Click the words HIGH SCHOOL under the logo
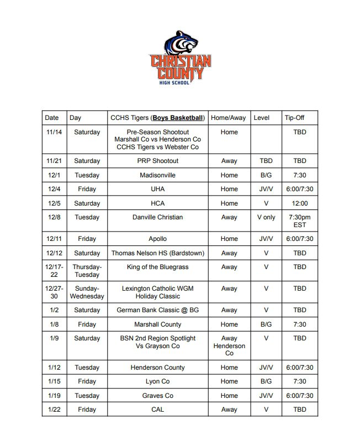(x=174, y=82)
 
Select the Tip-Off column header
(x=294, y=118)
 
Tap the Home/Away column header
(x=229, y=118)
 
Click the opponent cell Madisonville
(x=158, y=175)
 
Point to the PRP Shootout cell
(x=158, y=161)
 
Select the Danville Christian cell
(x=158, y=217)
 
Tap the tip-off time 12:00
(x=300, y=203)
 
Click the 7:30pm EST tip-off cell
(x=300, y=221)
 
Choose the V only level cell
(x=266, y=217)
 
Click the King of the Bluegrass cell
(x=158, y=267)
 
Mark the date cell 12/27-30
(x=54, y=292)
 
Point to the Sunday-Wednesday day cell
(x=87, y=292)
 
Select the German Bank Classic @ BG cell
(x=158, y=310)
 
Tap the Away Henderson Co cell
(x=229, y=346)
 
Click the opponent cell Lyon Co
(x=158, y=381)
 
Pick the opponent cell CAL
(x=158, y=409)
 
